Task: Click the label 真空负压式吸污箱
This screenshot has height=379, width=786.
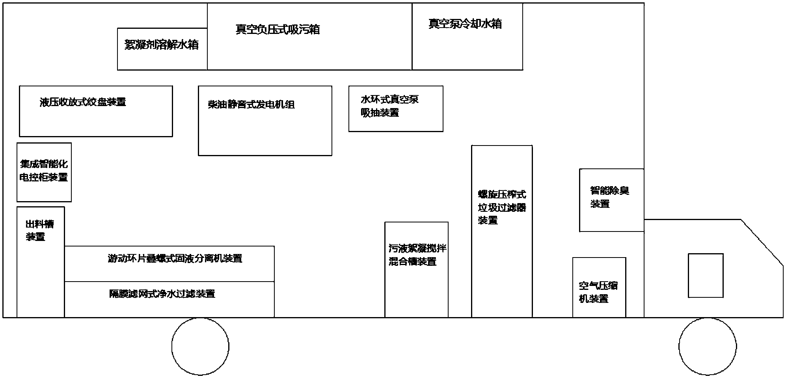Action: click(278, 30)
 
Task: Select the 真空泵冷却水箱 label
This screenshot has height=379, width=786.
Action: click(465, 24)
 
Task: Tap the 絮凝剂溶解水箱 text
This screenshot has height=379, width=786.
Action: click(162, 45)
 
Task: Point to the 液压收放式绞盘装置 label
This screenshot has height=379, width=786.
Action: click(83, 102)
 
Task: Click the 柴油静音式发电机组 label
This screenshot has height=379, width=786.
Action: click(251, 105)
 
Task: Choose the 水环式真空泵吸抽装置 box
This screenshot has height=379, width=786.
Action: click(396, 108)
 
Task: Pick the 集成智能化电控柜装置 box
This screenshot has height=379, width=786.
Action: click(44, 172)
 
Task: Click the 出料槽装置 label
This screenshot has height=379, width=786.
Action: click(39, 230)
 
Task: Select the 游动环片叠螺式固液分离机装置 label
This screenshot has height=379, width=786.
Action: click(175, 258)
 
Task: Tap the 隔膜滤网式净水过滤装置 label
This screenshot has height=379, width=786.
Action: click(162, 294)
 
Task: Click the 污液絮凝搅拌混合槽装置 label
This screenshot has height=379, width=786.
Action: click(417, 255)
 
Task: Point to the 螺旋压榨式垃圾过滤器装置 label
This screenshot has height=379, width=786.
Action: click(502, 207)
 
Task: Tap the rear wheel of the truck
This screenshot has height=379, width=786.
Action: click(200, 346)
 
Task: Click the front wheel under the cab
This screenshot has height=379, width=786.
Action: click(708, 346)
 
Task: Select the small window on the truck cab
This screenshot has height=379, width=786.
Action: click(706, 275)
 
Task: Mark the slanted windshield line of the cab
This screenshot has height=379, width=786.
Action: click(762, 243)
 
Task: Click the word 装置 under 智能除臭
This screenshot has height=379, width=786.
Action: click(600, 204)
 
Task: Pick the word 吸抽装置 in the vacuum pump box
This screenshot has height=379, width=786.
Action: click(380, 113)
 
